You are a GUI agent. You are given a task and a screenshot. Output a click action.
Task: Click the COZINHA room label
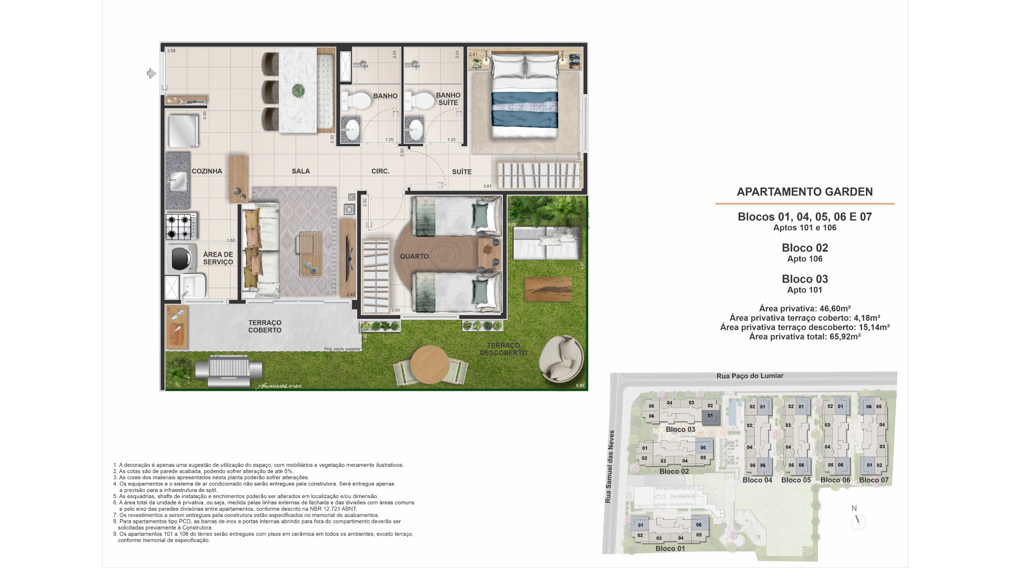[x=207, y=171]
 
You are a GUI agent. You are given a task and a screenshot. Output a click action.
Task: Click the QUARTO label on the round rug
[x=414, y=256]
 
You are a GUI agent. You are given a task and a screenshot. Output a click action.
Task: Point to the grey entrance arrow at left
[x=151, y=74]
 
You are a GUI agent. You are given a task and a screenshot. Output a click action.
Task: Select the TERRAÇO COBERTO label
[x=265, y=326]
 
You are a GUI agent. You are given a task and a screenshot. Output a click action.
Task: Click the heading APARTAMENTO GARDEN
[x=804, y=192]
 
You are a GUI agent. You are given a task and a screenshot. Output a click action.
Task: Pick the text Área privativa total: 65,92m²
[x=804, y=337]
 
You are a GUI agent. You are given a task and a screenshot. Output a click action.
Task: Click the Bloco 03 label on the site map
[x=680, y=429]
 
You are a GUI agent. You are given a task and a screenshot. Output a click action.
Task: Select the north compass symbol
[x=857, y=520]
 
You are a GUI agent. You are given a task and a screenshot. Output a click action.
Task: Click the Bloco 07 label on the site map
[x=874, y=480]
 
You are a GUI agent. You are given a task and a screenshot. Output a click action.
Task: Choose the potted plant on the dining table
[x=298, y=90]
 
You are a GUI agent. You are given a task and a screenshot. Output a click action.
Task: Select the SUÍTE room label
[x=461, y=171]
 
